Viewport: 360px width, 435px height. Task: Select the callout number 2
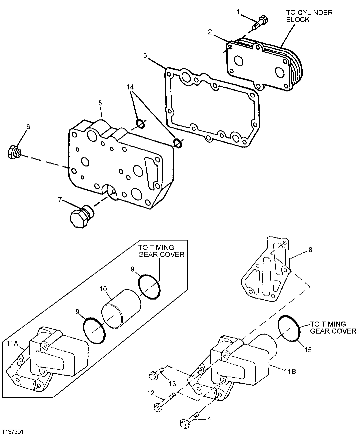point(210,32)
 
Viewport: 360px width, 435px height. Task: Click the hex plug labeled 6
point(14,152)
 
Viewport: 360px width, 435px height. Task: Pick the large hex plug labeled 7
point(81,217)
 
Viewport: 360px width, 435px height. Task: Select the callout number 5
point(100,104)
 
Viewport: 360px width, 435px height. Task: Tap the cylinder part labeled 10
point(121,307)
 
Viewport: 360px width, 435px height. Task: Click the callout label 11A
point(12,343)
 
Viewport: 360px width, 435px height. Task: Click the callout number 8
point(310,250)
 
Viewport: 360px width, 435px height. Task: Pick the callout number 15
point(308,350)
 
